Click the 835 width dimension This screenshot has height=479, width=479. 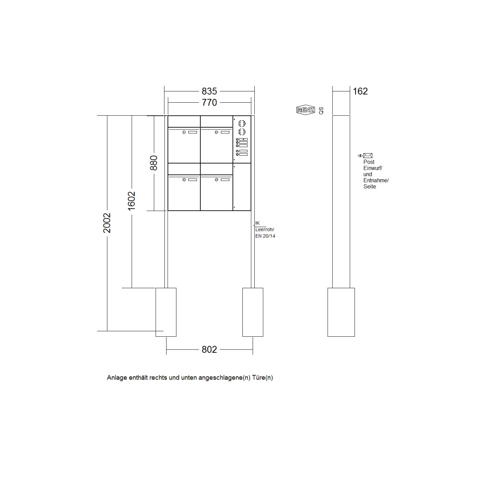209,91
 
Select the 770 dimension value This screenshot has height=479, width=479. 209,102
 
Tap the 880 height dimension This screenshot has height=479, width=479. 154,163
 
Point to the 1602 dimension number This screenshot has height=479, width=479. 131,201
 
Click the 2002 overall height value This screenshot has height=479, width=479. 107,223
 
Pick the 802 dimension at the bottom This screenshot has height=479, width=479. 209,349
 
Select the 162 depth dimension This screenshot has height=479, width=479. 360,91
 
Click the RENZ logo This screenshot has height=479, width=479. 306,110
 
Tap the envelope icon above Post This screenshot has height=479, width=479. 368,156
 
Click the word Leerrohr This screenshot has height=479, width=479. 265,229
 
